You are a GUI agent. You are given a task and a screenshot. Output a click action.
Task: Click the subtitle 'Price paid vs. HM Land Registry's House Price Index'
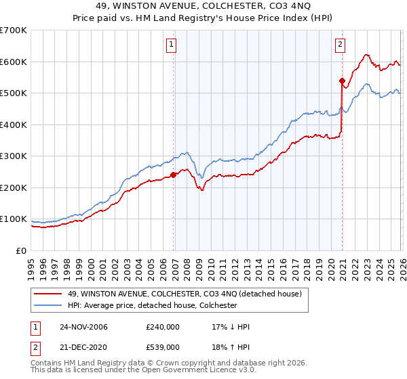pos(203,18)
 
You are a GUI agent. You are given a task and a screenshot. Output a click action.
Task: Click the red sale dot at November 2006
pos(174,175)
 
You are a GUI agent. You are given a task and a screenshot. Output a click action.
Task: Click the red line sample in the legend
pos(47,293)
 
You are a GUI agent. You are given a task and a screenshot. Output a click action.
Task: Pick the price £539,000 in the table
pos(163,347)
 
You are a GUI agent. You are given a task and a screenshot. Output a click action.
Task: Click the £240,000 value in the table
pos(163,327)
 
